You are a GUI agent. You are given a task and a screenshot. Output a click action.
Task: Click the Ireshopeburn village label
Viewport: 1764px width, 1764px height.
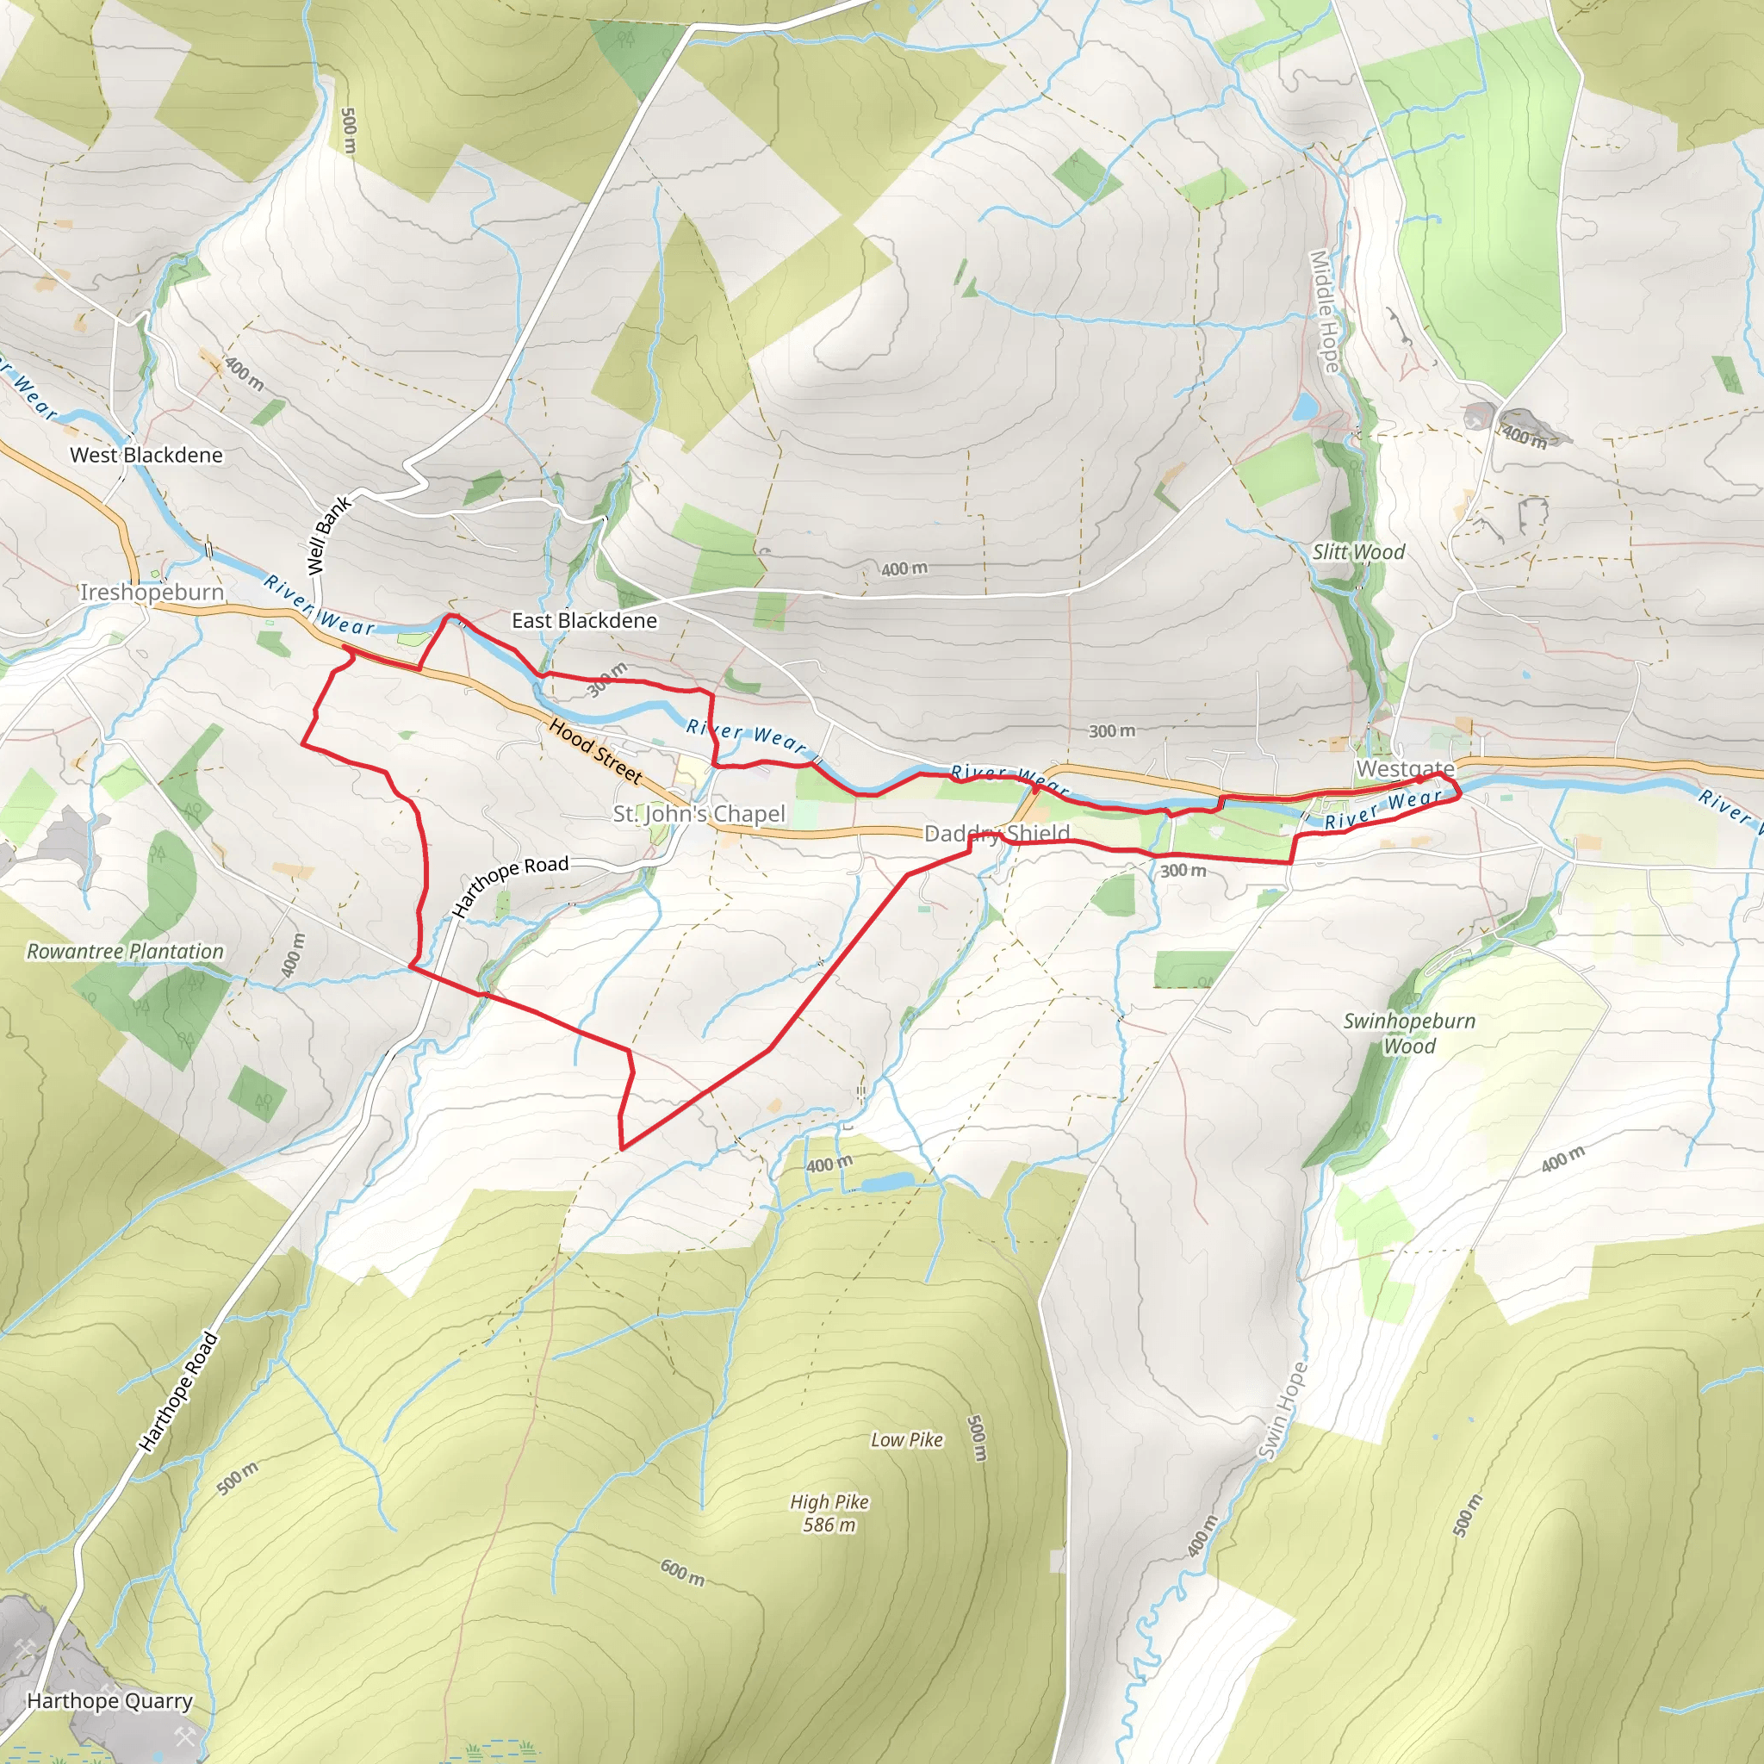152,592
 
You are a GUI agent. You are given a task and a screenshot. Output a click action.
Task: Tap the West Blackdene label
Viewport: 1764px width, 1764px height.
146,455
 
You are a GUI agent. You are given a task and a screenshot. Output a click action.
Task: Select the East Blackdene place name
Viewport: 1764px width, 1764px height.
584,621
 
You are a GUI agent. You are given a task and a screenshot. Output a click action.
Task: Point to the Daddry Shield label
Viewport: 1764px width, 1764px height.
997,833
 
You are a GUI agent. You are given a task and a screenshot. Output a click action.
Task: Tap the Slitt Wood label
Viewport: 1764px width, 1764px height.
1358,551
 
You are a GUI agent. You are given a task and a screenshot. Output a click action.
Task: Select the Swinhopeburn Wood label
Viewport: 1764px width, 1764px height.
1409,1034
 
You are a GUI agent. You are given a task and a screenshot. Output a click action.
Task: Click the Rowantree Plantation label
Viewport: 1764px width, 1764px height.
125,952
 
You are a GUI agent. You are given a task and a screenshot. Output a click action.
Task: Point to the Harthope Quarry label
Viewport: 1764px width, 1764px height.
109,1700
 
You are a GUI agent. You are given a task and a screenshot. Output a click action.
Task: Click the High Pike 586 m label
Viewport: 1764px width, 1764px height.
829,1512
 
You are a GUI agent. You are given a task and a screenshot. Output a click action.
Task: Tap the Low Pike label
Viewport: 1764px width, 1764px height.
907,1439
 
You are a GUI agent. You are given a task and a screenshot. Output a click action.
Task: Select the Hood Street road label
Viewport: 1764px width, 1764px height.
595,751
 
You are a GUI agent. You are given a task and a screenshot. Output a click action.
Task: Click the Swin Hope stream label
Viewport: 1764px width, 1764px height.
1282,1411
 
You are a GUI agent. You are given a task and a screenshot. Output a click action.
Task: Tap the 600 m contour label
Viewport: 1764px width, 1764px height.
683,1571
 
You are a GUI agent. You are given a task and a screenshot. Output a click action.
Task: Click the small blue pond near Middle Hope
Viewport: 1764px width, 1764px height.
1306,407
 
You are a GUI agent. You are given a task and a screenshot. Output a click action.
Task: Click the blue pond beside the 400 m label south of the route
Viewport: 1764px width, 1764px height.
886,1183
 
